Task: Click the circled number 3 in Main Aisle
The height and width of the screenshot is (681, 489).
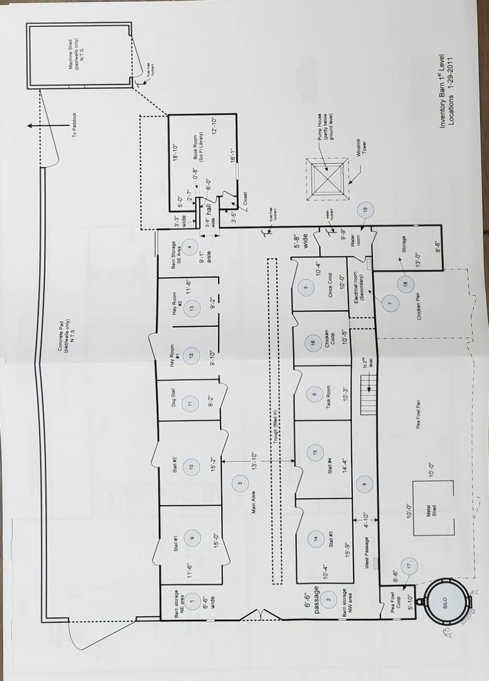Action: [x=240, y=484]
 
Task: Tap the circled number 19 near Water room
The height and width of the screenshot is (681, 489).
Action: [x=365, y=209]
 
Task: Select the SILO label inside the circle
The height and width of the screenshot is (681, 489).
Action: [x=445, y=602]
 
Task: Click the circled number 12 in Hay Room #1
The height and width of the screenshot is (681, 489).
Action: [x=192, y=355]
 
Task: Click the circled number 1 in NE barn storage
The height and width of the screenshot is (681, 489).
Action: [x=192, y=602]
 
